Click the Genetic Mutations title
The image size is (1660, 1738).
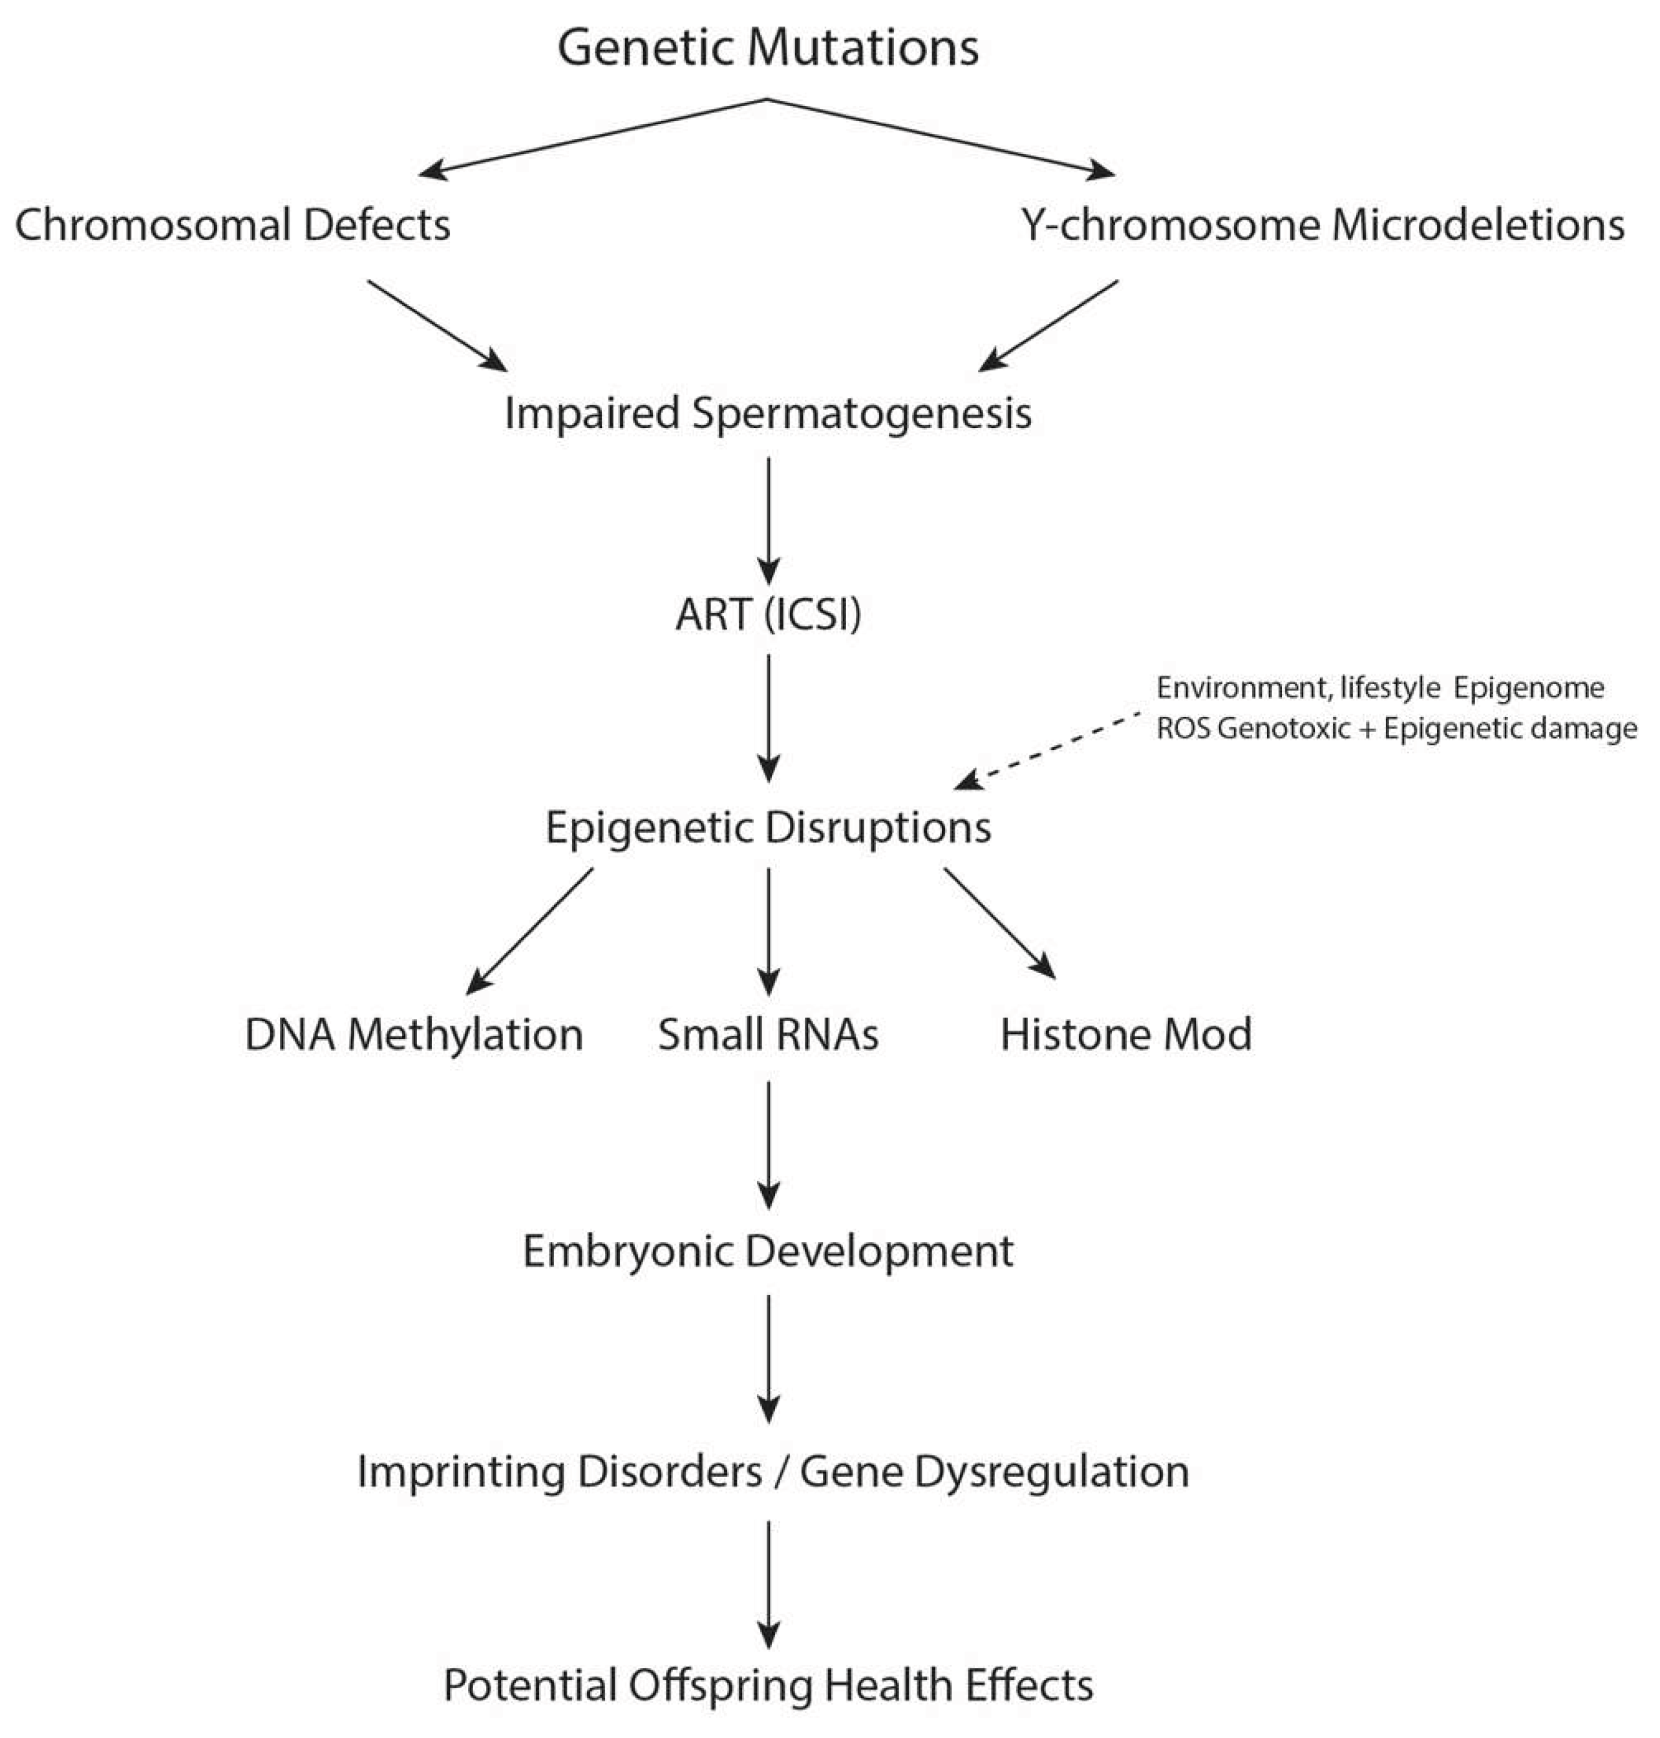pyautogui.click(x=768, y=48)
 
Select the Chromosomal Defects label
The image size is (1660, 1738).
pyautogui.click(x=233, y=225)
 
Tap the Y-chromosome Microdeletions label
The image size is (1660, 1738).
pyautogui.click(x=1323, y=225)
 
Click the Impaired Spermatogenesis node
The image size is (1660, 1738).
pyautogui.click(x=768, y=413)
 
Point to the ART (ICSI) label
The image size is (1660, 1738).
pyautogui.click(x=768, y=614)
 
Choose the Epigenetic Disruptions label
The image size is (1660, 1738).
pyautogui.click(x=768, y=828)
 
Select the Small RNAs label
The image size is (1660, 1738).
pyautogui.click(x=768, y=1035)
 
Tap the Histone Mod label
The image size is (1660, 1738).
pyautogui.click(x=1125, y=1035)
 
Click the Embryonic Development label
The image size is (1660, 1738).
pyautogui.click(x=768, y=1251)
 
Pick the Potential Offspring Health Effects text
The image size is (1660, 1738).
pyautogui.click(x=768, y=1685)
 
